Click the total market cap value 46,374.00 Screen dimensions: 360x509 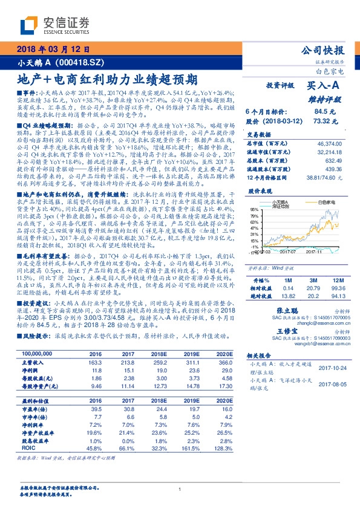[330, 143]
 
